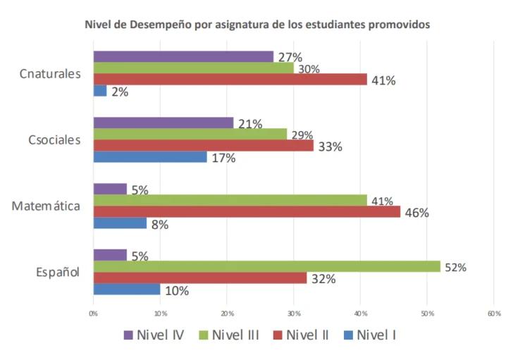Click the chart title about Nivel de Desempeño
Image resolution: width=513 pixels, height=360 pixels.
click(257, 25)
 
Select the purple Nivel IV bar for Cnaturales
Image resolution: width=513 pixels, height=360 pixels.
click(183, 56)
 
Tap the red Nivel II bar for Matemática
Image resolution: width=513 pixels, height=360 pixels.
click(247, 211)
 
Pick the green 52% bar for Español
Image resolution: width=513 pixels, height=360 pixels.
click(267, 266)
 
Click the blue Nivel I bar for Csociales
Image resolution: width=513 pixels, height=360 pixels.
click(150, 157)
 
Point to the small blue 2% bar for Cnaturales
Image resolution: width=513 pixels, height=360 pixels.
click(100, 91)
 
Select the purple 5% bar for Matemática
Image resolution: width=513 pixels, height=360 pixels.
click(110, 189)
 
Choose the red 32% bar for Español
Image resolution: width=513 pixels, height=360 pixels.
click(200, 278)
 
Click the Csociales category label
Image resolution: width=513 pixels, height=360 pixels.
click(54, 140)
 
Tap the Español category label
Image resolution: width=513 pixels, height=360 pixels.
click(58, 272)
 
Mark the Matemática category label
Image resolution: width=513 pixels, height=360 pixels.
click(46, 206)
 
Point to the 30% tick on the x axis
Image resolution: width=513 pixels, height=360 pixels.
click(294, 314)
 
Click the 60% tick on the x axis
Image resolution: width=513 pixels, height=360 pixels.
click(494, 314)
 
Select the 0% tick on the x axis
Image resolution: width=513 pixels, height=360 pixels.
click(93, 314)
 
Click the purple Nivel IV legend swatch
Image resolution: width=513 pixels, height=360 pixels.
click(128, 335)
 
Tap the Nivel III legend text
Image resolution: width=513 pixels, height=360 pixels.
click(235, 335)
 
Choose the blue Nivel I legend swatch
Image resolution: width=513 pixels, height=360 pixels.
click(348, 335)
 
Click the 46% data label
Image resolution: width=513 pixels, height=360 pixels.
click(417, 213)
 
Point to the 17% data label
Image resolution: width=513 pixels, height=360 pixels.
click(224, 159)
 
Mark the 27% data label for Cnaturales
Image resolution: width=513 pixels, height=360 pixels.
click(290, 57)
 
